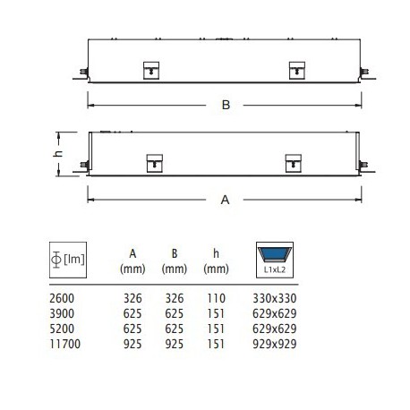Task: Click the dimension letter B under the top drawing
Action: coord(226,105)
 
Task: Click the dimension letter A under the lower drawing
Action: coord(225,200)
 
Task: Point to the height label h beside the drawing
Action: coord(59,153)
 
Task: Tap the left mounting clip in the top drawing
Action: coord(151,71)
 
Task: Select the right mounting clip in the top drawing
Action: coord(297,71)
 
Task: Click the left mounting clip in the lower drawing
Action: coord(155,163)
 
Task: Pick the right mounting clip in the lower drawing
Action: coord(293,163)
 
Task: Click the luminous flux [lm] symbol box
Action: coord(68,260)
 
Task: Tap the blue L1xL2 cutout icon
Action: coord(275,260)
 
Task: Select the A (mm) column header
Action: coord(132,261)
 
